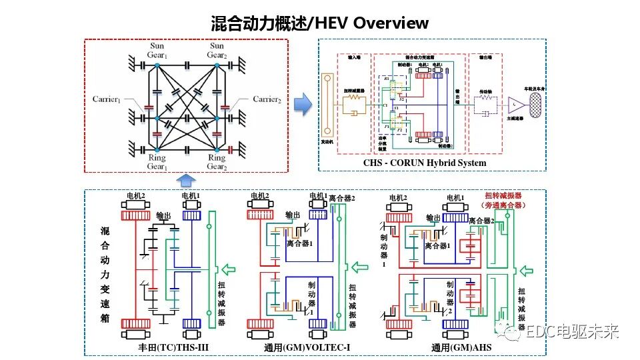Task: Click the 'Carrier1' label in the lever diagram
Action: [107, 99]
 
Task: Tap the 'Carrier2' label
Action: [267, 99]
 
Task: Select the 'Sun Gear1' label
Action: [156, 51]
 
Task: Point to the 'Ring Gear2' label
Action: [217, 163]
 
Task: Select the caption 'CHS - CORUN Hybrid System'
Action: [424, 163]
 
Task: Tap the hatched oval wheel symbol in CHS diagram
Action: [533, 103]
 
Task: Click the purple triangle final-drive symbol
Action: [516, 104]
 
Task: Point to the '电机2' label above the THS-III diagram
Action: [137, 197]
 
